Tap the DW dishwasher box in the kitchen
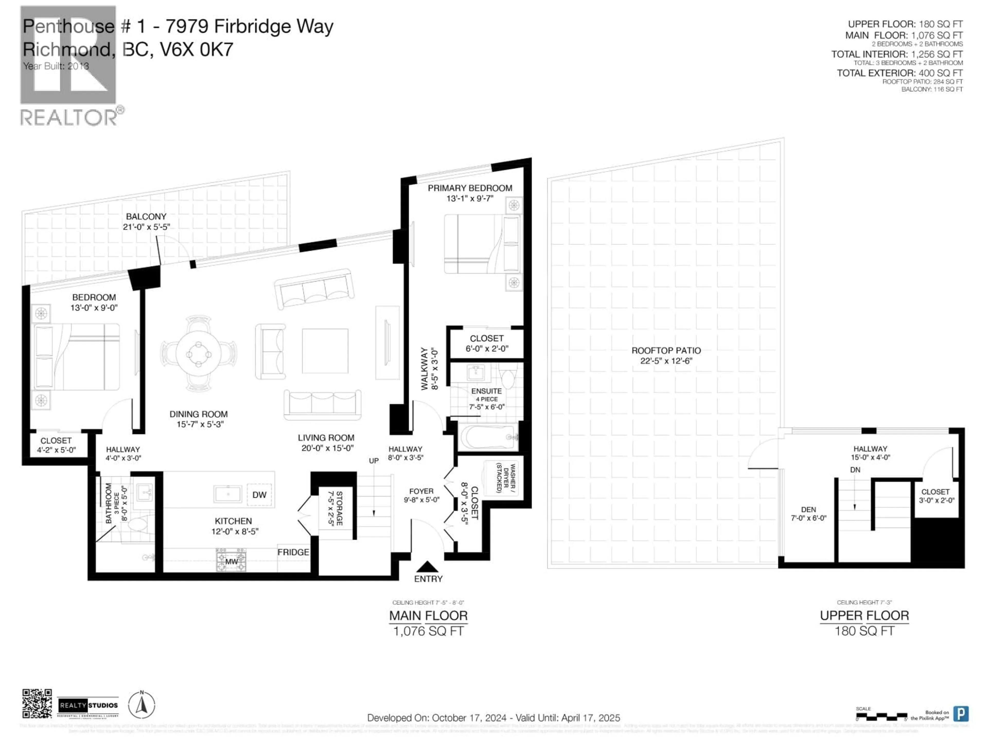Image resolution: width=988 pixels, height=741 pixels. point(259,495)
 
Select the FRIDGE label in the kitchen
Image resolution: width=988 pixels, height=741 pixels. point(293,552)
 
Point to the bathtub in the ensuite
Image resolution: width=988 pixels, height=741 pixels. point(488,438)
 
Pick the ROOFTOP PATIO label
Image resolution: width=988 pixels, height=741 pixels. point(666,351)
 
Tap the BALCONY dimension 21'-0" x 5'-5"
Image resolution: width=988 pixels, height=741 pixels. point(146,227)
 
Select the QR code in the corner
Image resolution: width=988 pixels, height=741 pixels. point(37,703)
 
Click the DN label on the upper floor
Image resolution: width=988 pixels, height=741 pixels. point(855,470)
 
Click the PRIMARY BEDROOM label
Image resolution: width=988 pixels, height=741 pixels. point(470,188)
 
